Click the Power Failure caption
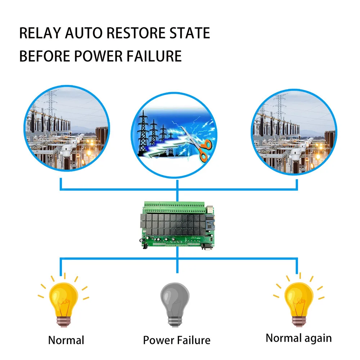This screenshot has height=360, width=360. click(x=176, y=340)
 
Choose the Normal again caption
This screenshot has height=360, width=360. click(x=298, y=338)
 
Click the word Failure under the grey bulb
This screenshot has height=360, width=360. click(x=193, y=340)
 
